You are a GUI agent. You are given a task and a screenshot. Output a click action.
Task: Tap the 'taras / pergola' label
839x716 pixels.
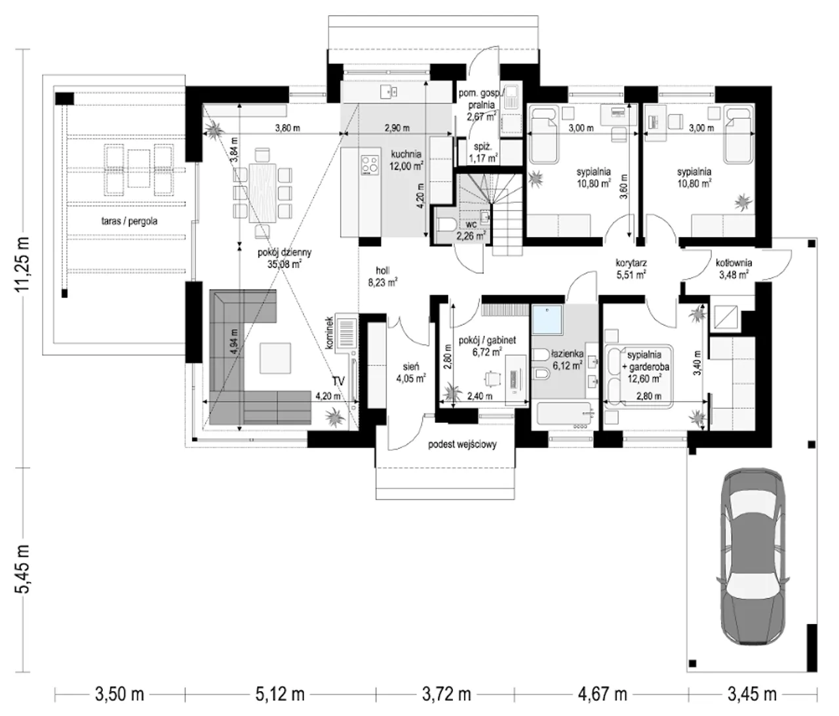click(129, 221)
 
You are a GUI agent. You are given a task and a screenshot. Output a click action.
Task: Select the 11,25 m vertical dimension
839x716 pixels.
click(22, 263)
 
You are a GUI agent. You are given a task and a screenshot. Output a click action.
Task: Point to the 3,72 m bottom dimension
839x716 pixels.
click(446, 694)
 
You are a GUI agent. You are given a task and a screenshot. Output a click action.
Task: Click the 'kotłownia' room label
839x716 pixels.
click(733, 263)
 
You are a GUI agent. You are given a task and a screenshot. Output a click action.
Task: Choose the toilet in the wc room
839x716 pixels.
click(446, 224)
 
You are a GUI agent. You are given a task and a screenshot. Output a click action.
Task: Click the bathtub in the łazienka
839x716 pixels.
click(565, 415)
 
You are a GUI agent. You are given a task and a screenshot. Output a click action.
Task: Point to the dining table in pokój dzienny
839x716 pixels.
click(262, 193)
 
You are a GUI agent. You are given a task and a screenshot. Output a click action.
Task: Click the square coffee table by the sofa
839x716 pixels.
click(275, 358)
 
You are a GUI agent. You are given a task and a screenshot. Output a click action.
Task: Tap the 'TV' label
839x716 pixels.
click(338, 381)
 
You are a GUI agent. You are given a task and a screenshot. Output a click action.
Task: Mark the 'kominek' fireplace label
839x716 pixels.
click(329, 333)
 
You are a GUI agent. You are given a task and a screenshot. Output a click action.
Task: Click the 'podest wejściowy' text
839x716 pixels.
click(462, 444)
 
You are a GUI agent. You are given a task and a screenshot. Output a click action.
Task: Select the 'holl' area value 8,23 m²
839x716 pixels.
click(382, 282)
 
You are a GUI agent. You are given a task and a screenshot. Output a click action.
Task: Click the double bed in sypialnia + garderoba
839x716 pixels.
click(638, 376)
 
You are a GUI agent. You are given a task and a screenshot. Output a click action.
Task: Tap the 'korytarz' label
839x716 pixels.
click(631, 263)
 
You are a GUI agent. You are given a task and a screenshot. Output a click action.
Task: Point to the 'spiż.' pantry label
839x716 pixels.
click(482, 147)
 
